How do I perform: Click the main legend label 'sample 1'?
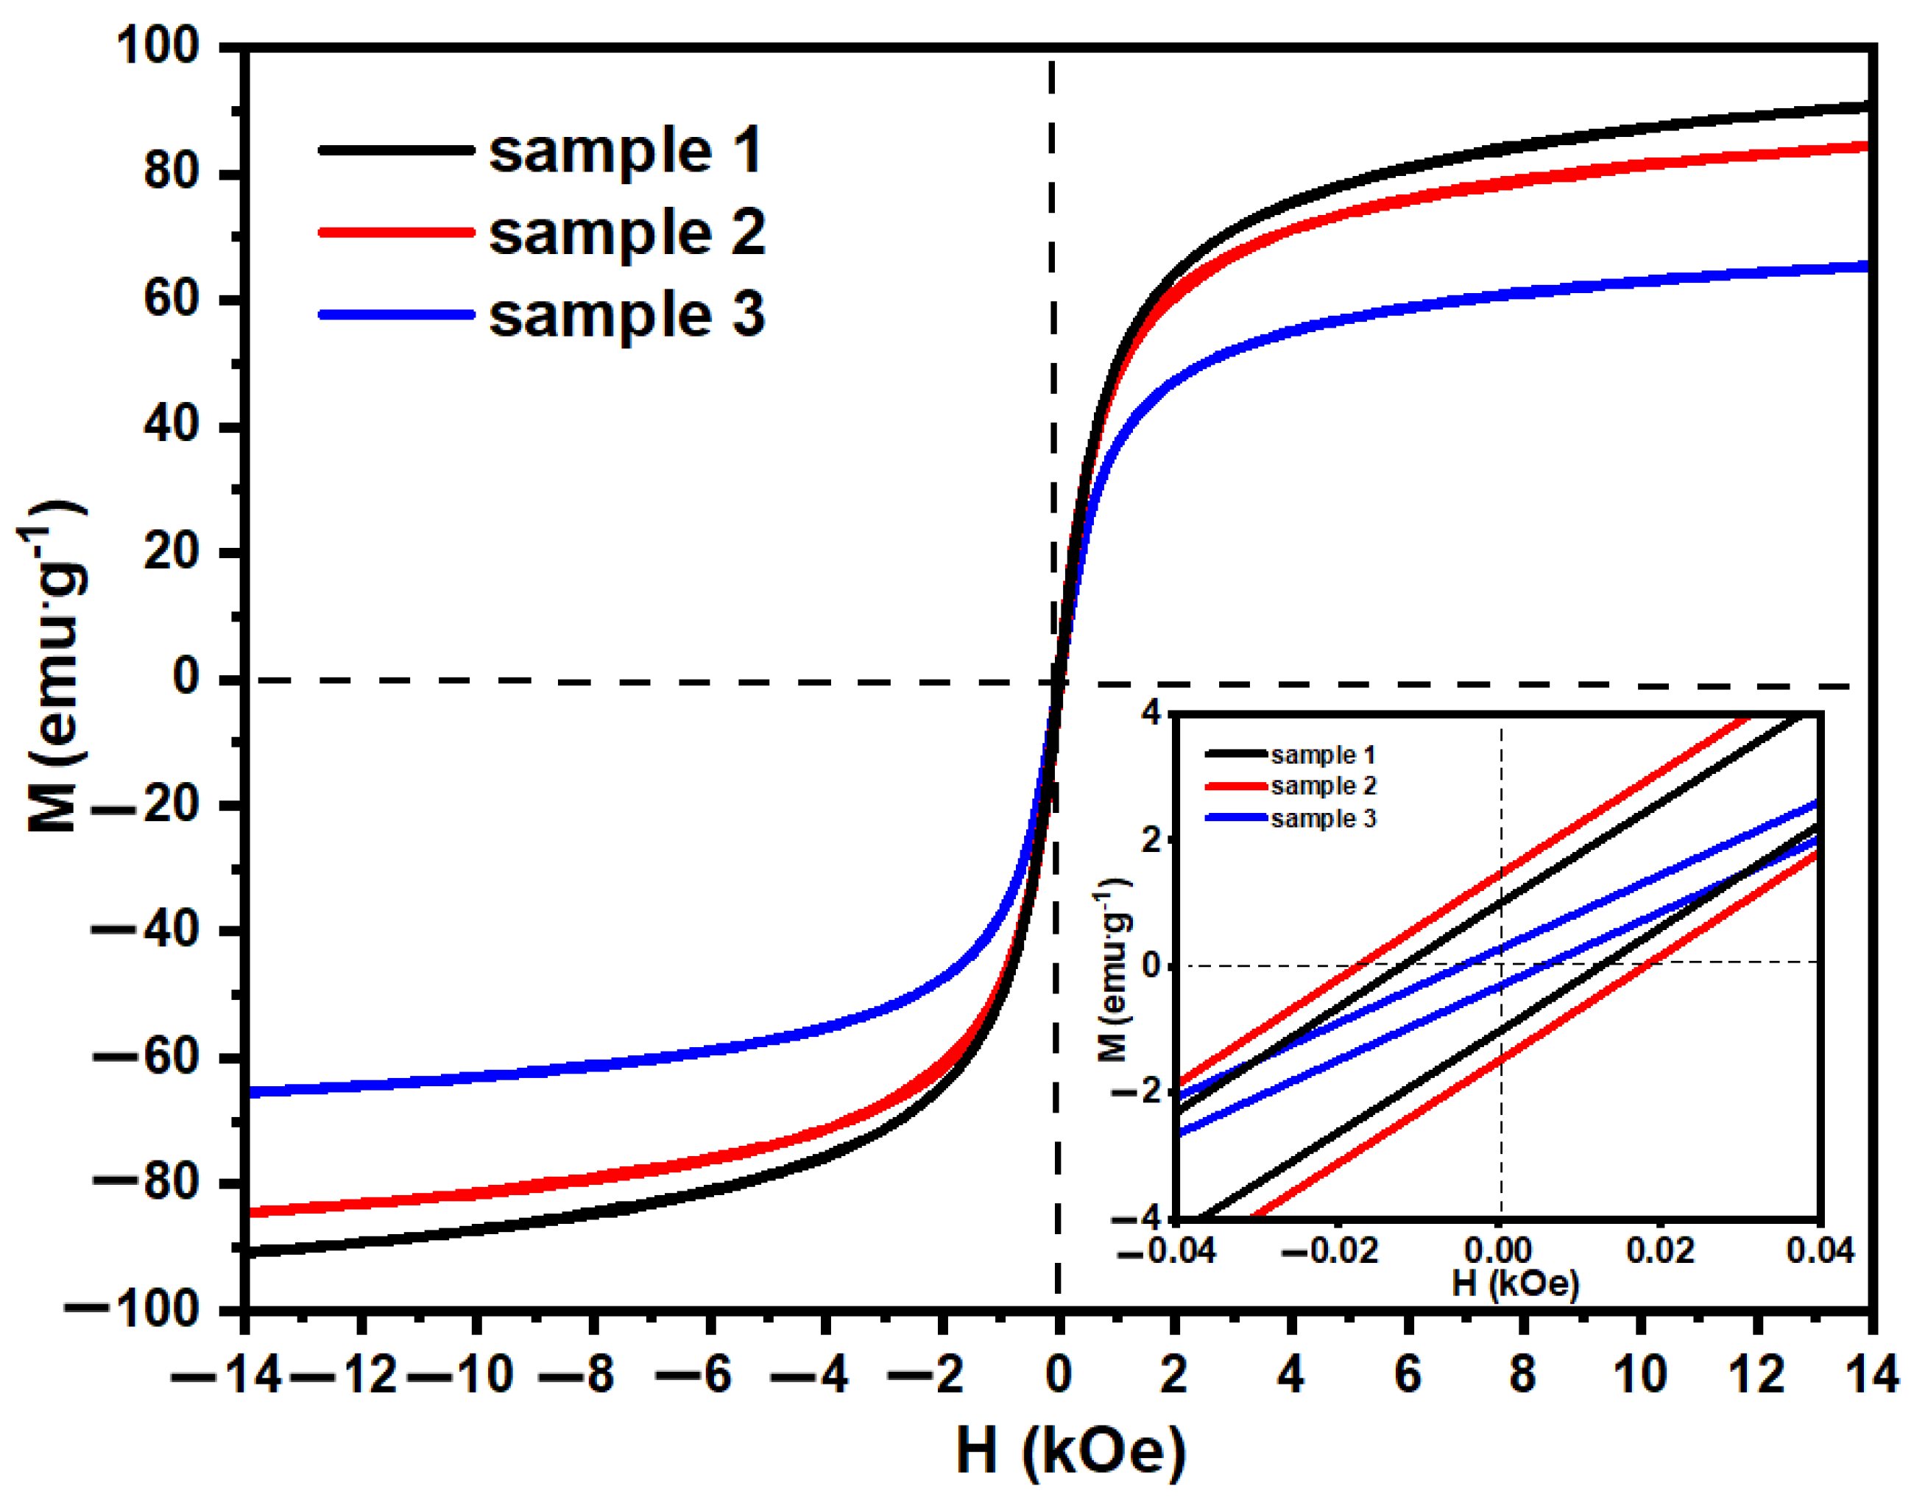pos(624,150)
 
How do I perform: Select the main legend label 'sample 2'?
pos(626,233)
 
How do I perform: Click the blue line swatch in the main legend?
pos(396,314)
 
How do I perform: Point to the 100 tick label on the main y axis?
pos(158,46)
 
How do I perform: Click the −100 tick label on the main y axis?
pos(133,1309)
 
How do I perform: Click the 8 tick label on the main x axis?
pos(1522,1374)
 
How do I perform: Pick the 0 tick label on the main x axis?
pos(1058,1374)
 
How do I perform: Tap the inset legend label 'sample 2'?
pos(1323,786)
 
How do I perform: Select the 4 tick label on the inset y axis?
pos(1151,712)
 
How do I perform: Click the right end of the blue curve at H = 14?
pos(1865,266)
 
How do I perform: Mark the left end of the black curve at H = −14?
pos(250,1251)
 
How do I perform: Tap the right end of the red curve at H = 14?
pos(1865,146)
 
